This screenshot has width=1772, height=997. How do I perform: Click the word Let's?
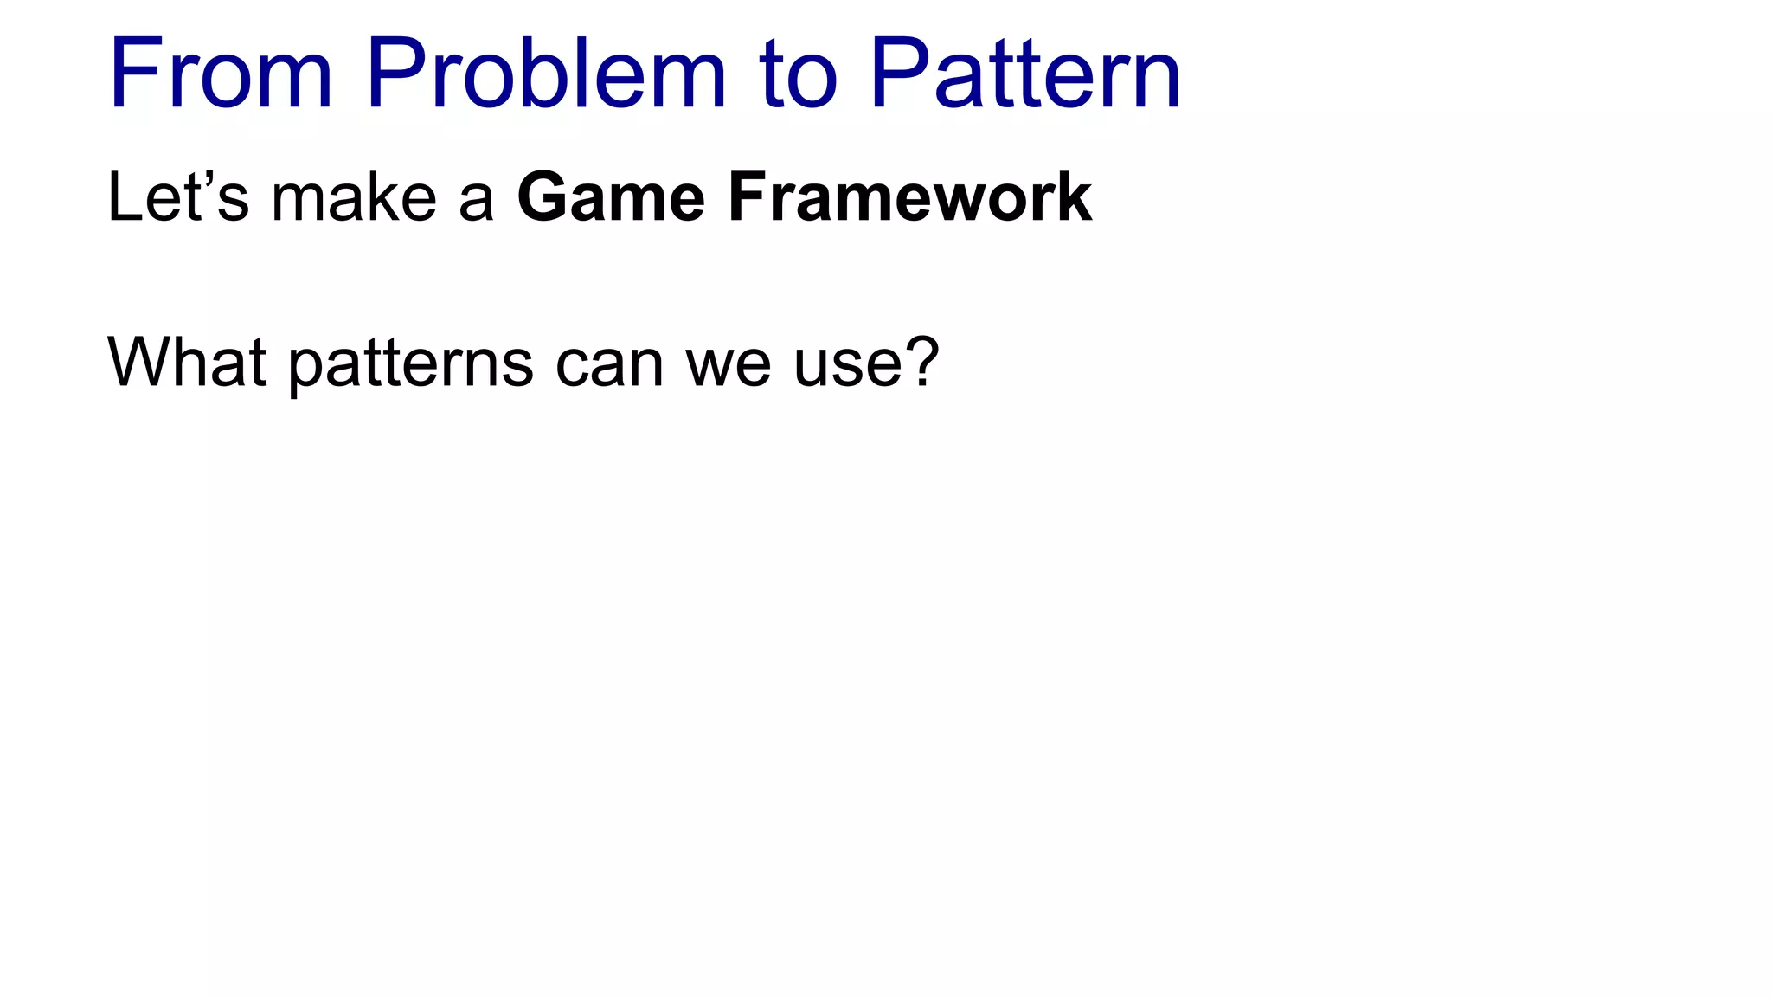[178, 197]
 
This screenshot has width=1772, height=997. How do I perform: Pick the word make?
[354, 198]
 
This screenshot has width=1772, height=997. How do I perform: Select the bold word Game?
[612, 198]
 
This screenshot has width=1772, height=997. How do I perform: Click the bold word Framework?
[910, 198]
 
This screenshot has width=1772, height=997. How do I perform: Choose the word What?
[186, 362]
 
